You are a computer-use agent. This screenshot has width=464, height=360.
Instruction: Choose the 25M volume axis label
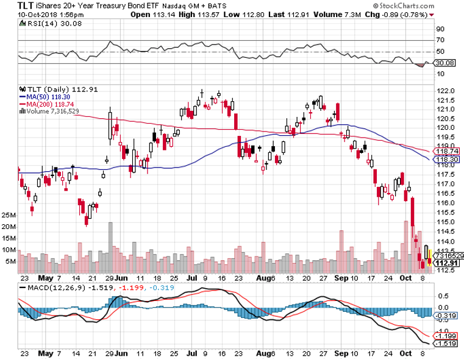tap(9, 215)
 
